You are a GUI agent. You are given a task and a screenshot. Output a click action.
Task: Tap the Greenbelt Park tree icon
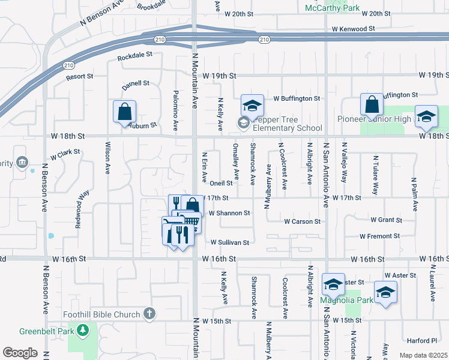(83, 330)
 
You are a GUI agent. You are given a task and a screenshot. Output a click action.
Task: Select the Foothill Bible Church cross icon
(149, 314)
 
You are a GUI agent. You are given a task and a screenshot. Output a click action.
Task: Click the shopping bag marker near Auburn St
(124, 112)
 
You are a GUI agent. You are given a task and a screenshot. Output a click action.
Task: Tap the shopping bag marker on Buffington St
(372, 104)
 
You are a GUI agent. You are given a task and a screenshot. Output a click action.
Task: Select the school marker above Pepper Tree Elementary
(252, 106)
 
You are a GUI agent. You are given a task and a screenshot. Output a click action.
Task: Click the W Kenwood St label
(353, 28)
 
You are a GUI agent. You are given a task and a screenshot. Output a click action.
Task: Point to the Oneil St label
(220, 183)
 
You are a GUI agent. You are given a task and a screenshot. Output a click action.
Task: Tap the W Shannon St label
(229, 213)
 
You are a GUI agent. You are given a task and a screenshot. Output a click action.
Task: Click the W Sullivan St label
(229, 242)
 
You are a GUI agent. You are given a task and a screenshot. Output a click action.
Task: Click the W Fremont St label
(381, 236)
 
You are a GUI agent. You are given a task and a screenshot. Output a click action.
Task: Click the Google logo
(20, 353)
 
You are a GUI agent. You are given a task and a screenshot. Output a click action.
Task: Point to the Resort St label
(80, 77)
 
